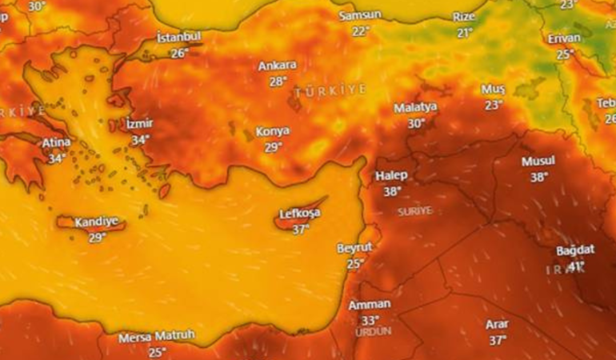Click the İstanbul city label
tap(179, 38)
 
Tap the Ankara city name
tap(278, 66)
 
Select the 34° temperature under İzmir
tap(140, 139)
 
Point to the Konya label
tap(273, 131)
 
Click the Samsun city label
tap(361, 16)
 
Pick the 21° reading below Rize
tap(464, 33)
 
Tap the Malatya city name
tap(415, 108)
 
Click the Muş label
tap(494, 88)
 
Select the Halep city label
tap(391, 176)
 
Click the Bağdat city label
tap(575, 250)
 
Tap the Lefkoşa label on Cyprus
tap(300, 214)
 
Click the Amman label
tap(370, 305)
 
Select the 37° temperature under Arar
tap(498, 340)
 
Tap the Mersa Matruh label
tap(157, 337)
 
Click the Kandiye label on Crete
tap(96, 222)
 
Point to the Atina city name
tap(56, 142)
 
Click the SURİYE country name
tap(414, 210)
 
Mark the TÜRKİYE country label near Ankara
tap(330, 92)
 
